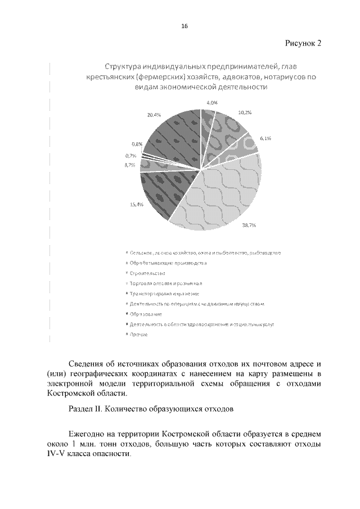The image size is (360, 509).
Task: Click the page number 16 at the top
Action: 184,26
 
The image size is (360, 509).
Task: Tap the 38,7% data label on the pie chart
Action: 249,225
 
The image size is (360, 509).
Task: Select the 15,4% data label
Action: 137,205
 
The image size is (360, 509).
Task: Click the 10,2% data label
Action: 245,112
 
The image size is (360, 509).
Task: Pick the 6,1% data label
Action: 265,138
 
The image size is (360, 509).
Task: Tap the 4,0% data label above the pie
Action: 212,103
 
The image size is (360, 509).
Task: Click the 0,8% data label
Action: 137,145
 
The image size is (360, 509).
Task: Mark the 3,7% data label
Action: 129,165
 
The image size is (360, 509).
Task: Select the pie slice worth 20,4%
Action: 172,135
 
